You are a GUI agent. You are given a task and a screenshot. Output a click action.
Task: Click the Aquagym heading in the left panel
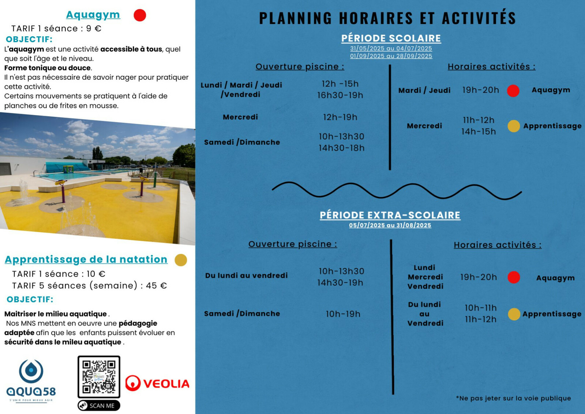click(x=93, y=15)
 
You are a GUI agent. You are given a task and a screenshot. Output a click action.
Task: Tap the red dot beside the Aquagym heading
click(x=140, y=15)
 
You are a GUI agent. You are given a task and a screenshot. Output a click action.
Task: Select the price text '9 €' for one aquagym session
click(x=94, y=29)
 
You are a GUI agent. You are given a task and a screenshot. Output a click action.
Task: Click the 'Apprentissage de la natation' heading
click(x=86, y=259)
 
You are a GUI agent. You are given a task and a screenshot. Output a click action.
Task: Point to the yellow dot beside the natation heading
click(x=181, y=260)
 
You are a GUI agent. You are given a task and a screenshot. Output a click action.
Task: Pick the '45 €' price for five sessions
click(x=156, y=286)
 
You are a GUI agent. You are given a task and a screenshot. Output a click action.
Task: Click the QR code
click(x=99, y=377)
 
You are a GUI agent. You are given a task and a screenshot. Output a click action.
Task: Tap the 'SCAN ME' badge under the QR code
click(x=99, y=406)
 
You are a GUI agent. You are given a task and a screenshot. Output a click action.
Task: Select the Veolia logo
click(x=157, y=384)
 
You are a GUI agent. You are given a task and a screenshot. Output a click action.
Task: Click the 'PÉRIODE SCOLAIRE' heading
click(x=391, y=38)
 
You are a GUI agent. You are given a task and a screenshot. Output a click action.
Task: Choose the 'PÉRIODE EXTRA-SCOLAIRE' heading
click(x=390, y=215)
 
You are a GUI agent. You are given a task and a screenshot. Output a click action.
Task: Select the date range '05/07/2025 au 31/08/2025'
click(x=390, y=225)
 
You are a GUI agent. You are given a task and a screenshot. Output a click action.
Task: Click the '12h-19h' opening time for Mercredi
click(x=340, y=117)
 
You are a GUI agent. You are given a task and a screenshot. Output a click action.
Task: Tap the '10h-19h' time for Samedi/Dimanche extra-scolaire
click(x=343, y=314)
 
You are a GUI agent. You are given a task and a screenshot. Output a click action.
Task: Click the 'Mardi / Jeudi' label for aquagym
click(x=424, y=90)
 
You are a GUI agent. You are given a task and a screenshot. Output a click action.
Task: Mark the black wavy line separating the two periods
click(x=397, y=191)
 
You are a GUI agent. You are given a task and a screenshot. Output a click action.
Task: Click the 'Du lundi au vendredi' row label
click(x=246, y=276)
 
